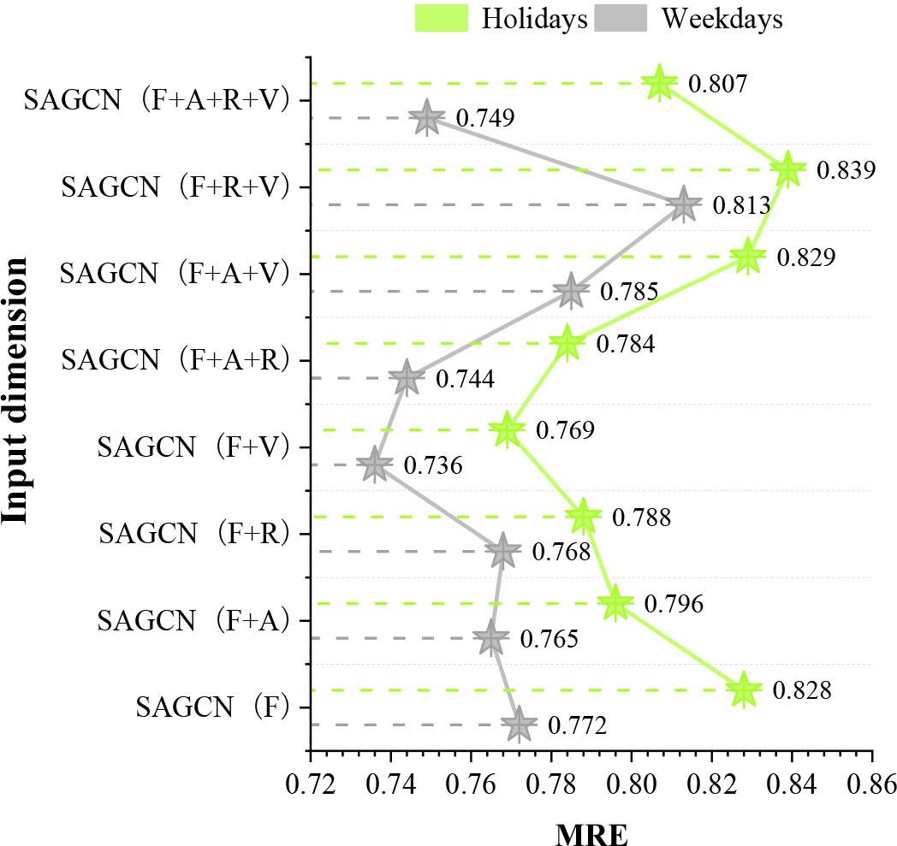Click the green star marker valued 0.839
[788, 170]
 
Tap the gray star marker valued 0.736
[373, 465]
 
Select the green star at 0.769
[507, 429]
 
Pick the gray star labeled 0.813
[682, 205]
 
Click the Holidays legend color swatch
[442, 18]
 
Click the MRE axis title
[591, 831]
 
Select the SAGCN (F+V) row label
[193, 447]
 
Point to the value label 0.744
[465, 378]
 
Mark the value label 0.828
[802, 690]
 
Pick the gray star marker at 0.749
[427, 118]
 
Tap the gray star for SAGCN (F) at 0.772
[518, 725]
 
